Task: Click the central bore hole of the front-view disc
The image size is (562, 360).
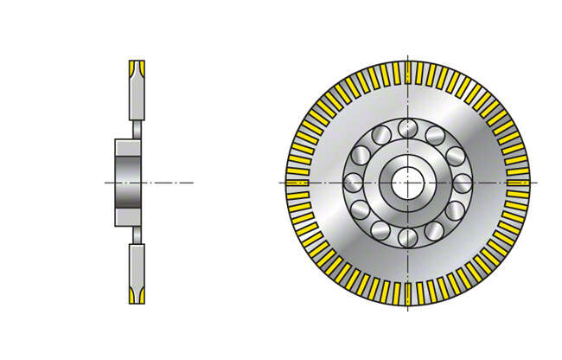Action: point(407,183)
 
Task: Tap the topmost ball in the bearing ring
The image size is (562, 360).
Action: point(407,129)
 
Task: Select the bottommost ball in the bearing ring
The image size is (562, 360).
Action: point(407,237)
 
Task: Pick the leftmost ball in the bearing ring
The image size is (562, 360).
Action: point(353,183)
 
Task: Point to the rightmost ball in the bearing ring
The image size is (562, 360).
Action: point(463,183)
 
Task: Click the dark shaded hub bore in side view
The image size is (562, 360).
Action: point(129,183)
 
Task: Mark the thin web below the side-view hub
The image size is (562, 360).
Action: point(137,235)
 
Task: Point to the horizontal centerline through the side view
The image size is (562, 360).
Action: point(173,183)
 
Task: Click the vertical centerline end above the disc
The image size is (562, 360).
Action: point(407,57)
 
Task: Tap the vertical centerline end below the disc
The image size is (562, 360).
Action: point(407,308)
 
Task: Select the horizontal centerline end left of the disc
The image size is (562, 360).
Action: point(282,183)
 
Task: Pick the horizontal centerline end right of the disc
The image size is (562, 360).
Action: point(534,183)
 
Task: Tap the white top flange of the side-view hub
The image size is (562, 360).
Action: point(129,146)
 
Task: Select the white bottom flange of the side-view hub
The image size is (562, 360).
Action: point(129,217)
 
